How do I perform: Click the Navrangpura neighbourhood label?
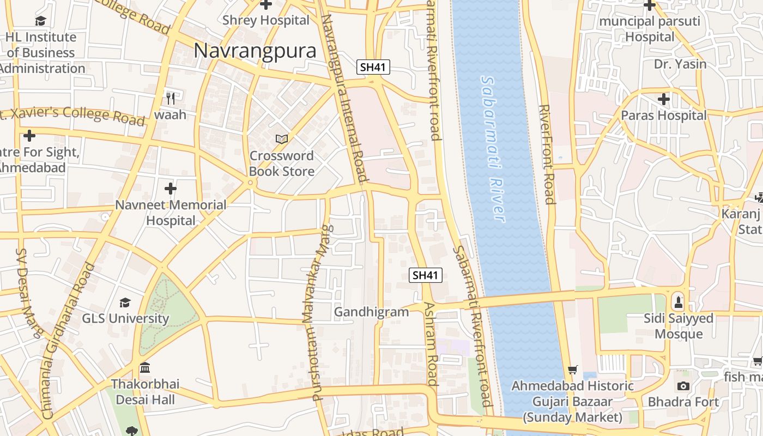pyautogui.click(x=255, y=51)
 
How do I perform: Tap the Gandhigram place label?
pyautogui.click(x=371, y=312)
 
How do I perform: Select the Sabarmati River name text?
pyautogui.click(x=493, y=148)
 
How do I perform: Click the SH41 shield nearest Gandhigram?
pyautogui.click(x=425, y=275)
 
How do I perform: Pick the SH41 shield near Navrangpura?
pyautogui.click(x=373, y=68)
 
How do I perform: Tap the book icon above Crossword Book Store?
pyautogui.click(x=281, y=140)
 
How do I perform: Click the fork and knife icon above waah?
pyautogui.click(x=171, y=99)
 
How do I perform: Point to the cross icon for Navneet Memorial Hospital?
pyautogui.click(x=171, y=189)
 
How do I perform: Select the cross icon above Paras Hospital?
pyautogui.click(x=663, y=100)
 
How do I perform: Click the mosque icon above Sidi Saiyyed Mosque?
pyautogui.click(x=679, y=301)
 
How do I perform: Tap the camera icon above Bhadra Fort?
pyautogui.click(x=683, y=386)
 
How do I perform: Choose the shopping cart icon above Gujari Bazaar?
pyautogui.click(x=572, y=370)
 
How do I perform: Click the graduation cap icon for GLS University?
pyautogui.click(x=125, y=302)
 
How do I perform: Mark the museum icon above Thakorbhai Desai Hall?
pyautogui.click(x=145, y=368)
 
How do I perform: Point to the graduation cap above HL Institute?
pyautogui.click(x=41, y=21)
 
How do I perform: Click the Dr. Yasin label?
pyautogui.click(x=680, y=64)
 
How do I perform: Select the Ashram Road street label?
pyautogui.click(x=431, y=343)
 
